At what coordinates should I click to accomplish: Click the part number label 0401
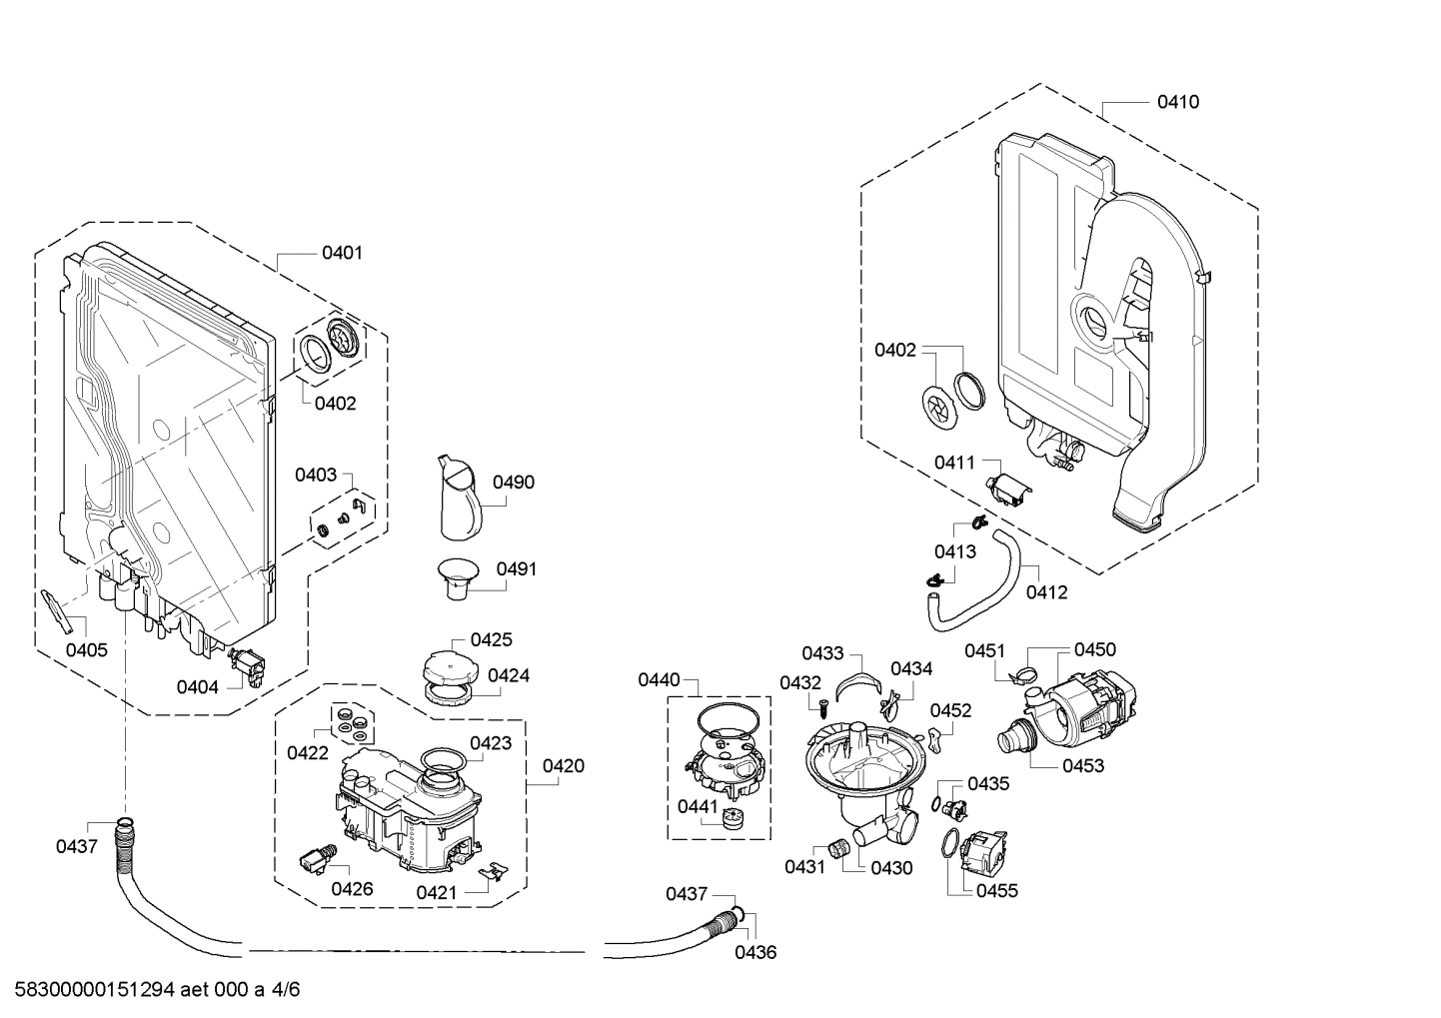tap(342, 253)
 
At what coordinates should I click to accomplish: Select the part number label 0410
tap(1178, 102)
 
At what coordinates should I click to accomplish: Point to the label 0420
tap(564, 766)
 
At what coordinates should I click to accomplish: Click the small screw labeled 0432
tap(820, 707)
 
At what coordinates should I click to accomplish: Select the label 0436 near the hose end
tap(755, 952)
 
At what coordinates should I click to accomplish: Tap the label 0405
tap(87, 650)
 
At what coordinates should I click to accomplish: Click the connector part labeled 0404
tap(245, 666)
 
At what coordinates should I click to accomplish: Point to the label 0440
tap(659, 680)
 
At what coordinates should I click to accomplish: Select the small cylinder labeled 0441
tap(734, 818)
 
